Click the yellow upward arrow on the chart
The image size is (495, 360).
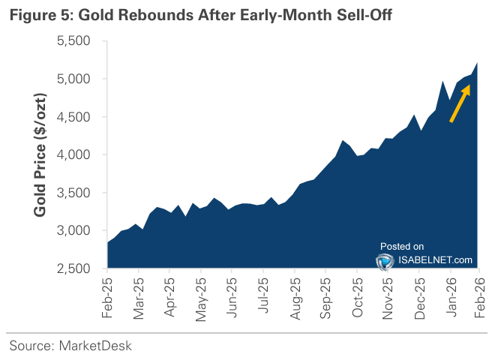(x=460, y=103)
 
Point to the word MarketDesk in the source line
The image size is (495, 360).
(x=95, y=346)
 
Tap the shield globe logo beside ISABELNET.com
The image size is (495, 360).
(x=386, y=260)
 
